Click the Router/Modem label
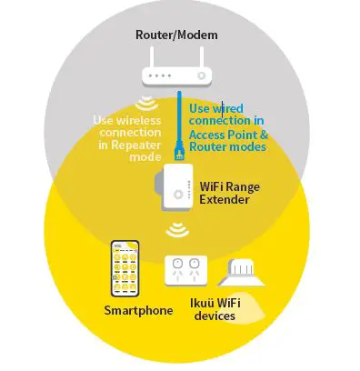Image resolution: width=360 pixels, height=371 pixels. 178,35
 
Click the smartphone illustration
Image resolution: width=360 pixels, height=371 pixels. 126,270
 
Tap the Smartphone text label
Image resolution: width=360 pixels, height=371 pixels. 137,311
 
